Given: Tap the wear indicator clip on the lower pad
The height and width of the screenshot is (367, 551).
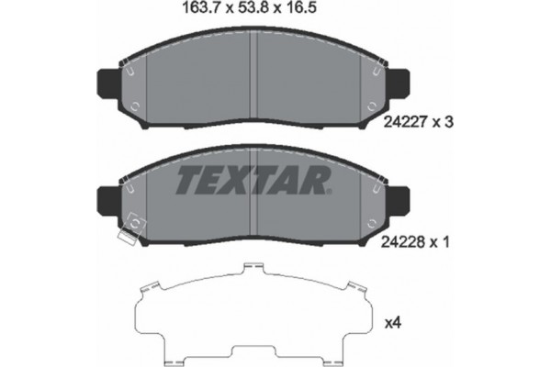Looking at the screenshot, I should pos(133,222).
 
